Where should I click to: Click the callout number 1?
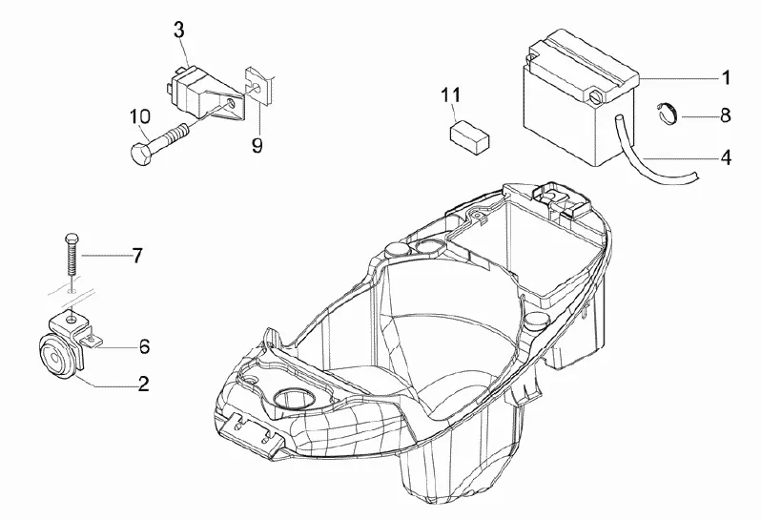(x=725, y=75)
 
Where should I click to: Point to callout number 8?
(x=725, y=115)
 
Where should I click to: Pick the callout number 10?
(x=139, y=116)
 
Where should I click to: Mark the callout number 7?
(x=136, y=256)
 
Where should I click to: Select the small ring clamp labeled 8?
(x=668, y=114)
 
